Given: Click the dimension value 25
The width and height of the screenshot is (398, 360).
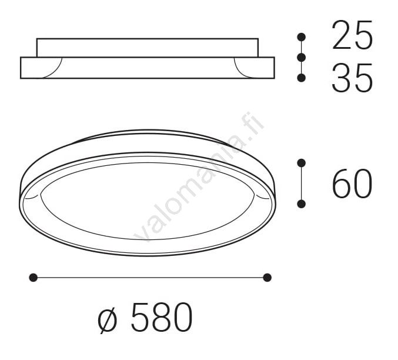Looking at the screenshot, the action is [x=352, y=35].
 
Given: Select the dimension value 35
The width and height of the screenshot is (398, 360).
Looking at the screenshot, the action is [x=352, y=78].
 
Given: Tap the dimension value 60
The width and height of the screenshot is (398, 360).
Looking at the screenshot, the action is [x=352, y=183].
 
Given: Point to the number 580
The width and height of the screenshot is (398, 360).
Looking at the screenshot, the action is [x=162, y=317].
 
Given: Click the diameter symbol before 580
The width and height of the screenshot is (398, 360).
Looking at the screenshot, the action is [x=108, y=319].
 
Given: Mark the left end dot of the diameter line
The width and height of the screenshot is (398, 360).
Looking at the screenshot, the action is [x=34, y=278].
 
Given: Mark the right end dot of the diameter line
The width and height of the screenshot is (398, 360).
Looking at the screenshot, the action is [x=267, y=278].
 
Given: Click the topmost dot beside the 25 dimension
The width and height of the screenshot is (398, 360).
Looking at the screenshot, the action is [x=301, y=37].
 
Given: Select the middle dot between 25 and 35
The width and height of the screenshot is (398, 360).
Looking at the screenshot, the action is [x=301, y=58].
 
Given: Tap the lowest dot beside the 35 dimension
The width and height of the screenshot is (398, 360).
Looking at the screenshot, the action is [x=301, y=78].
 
